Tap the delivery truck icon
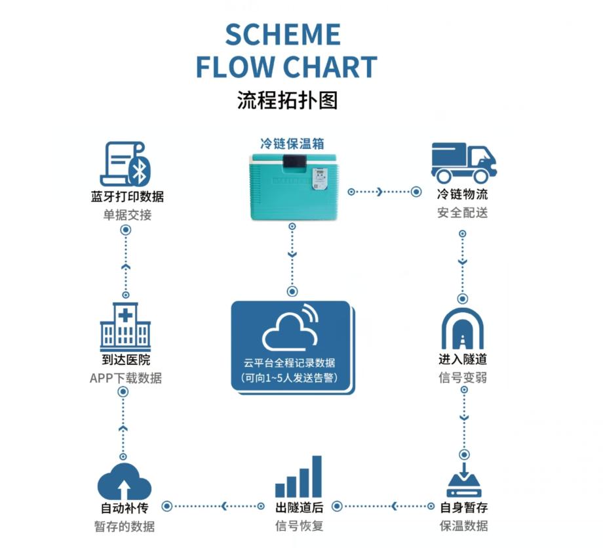click(463, 162)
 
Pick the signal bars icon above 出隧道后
click(299, 477)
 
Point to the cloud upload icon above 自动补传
click(125, 480)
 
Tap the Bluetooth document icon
click(126, 164)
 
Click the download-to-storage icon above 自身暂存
click(463, 480)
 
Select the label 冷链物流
click(463, 195)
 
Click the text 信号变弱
click(463, 377)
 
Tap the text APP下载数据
click(125, 378)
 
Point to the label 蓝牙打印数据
click(127, 196)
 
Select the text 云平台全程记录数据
click(292, 362)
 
